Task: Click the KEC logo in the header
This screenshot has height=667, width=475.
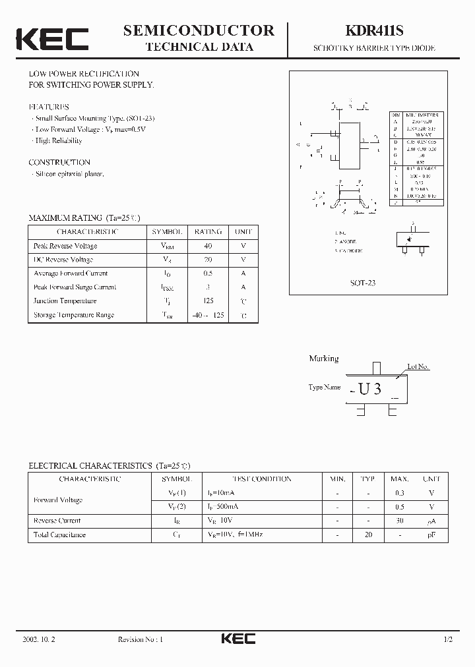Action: point(52,38)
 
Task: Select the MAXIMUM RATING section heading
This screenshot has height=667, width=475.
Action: point(84,217)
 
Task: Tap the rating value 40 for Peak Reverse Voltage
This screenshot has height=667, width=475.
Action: point(208,246)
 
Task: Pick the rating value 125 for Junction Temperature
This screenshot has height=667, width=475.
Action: point(208,301)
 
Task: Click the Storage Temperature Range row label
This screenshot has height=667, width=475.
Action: point(74,315)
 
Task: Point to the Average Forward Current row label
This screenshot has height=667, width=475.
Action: point(71,274)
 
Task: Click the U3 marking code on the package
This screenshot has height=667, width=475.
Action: point(369,389)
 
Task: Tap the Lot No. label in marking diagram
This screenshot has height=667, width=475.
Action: point(418,366)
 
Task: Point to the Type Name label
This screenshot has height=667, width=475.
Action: point(325,388)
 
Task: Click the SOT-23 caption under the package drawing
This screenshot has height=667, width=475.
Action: point(362,282)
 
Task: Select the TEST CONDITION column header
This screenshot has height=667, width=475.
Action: point(261,479)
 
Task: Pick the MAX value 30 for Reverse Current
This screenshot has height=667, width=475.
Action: point(400,521)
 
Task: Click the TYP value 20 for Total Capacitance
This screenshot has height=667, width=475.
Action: point(368,535)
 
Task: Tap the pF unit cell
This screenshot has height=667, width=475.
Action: point(431,535)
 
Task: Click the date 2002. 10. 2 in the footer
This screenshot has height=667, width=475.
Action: point(38,639)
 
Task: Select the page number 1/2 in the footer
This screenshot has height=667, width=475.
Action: point(448,639)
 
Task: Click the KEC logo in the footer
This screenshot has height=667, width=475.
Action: point(237,639)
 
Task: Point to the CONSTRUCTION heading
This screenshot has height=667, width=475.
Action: point(59,162)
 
